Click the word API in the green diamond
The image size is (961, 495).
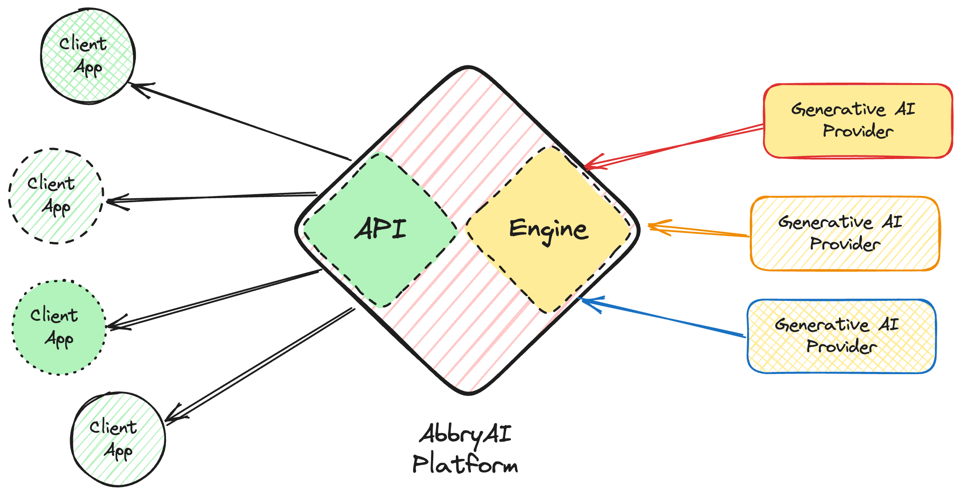coord(380,229)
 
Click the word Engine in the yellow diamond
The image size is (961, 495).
coord(549,230)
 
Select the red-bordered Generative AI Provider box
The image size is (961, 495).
coord(858,121)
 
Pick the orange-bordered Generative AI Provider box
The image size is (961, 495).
coord(845,233)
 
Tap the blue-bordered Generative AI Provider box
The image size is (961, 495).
coord(842,336)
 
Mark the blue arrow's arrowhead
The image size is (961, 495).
coord(583,300)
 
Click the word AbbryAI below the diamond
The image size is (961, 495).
coord(465,434)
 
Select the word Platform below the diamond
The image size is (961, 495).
coord(465,464)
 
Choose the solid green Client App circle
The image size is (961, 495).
coord(59,327)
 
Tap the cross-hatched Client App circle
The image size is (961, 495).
coord(87,56)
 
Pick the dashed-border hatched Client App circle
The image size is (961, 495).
coord(55,196)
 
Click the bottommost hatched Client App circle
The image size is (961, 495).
coord(118,439)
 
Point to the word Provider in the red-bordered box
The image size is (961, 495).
coord(858,131)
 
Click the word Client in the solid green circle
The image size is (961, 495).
coord(54,315)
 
